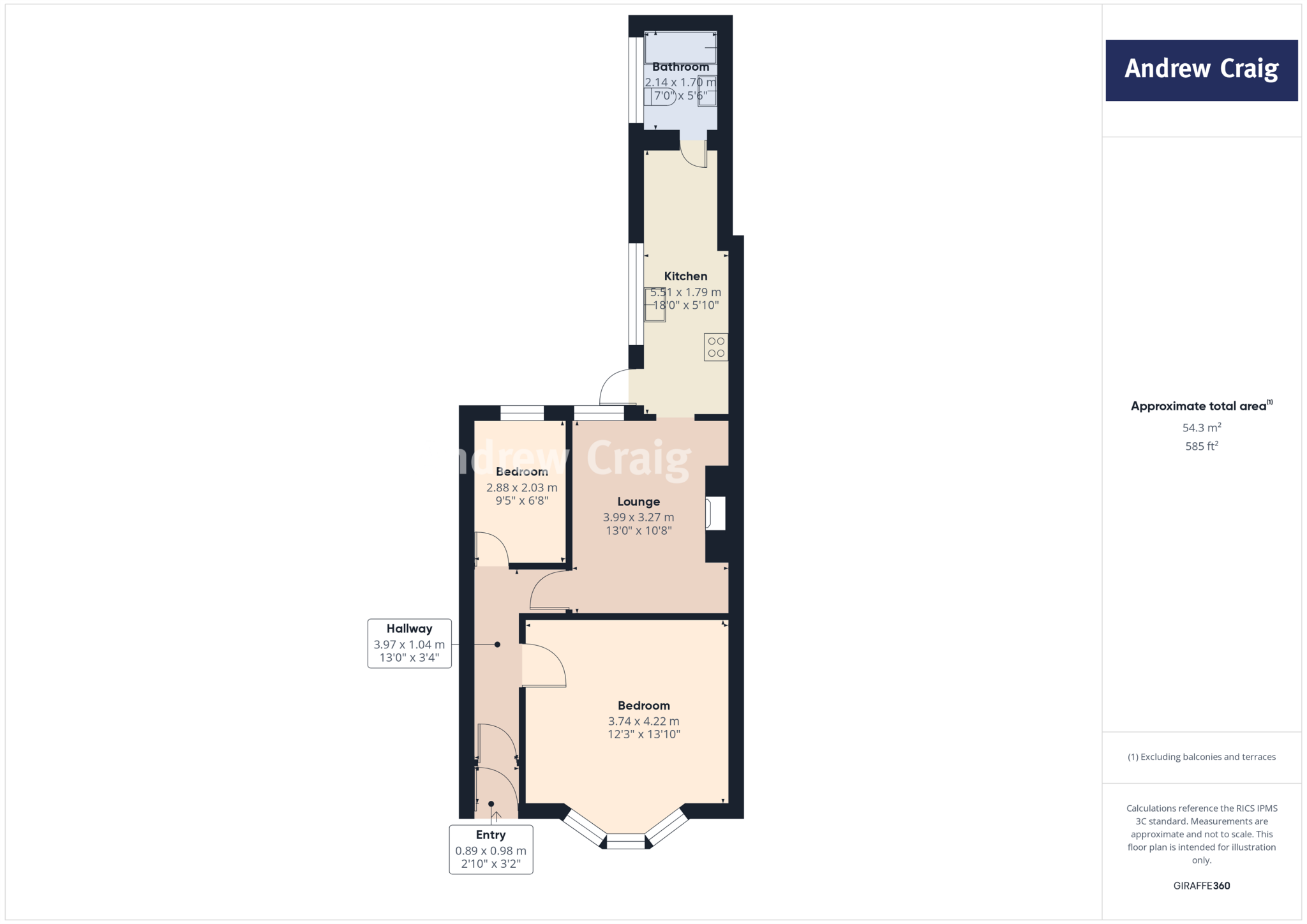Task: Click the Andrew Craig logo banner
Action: tap(1201, 70)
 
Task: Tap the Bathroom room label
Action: tap(680, 67)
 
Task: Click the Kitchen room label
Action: tap(685, 276)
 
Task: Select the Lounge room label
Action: tap(638, 502)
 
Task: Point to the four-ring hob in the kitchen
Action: tap(716, 347)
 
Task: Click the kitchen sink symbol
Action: tap(655, 304)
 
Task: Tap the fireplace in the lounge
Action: tap(715, 513)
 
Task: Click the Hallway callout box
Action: tap(409, 643)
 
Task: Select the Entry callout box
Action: tap(491, 849)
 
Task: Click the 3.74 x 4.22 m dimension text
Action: tap(643, 721)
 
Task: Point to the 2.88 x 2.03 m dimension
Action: tap(521, 488)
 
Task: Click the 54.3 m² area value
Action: tap(1201, 428)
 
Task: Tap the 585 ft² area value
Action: tap(1201, 446)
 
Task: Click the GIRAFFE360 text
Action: tap(1201, 886)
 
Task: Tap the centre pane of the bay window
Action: tap(625, 842)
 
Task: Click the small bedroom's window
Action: tap(521, 413)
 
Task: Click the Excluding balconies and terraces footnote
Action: tap(1201, 757)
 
